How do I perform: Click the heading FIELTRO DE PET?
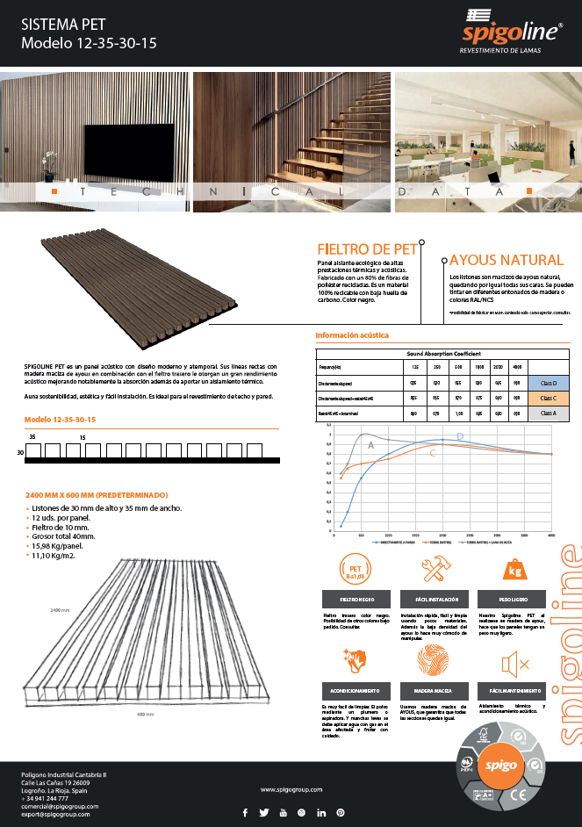tap(367, 249)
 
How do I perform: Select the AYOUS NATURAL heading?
tap(506, 260)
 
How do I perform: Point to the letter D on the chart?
tap(460, 436)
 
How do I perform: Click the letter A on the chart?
tap(370, 446)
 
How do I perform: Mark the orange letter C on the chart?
tap(433, 453)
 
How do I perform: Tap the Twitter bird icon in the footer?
tap(263, 812)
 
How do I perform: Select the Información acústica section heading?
tap(351, 335)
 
